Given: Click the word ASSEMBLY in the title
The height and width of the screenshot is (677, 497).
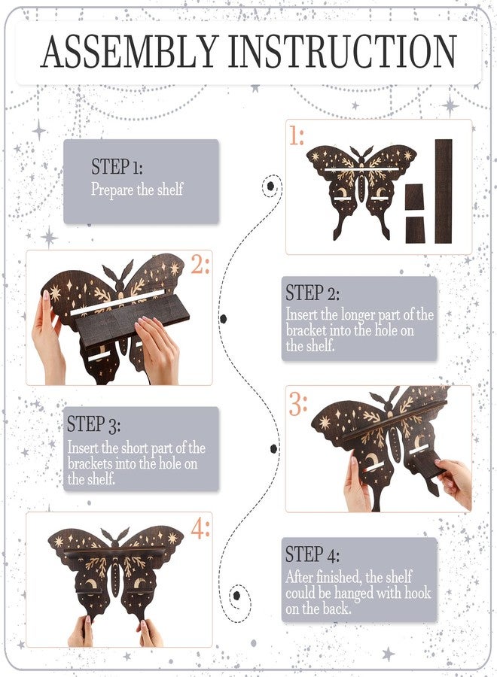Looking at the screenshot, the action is click(x=129, y=51).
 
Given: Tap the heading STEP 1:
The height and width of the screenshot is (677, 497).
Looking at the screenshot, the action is click(x=117, y=167).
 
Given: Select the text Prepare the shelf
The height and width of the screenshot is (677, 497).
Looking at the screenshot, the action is click(x=137, y=190).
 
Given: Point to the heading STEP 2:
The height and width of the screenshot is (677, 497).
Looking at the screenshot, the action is click(x=313, y=293).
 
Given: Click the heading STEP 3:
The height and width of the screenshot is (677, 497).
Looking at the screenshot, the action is click(x=94, y=424).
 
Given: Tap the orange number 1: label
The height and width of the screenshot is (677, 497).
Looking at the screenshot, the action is click(x=297, y=136).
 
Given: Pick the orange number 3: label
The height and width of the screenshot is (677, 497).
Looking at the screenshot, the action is click(x=298, y=405).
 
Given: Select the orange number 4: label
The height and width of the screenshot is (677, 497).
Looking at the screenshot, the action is click(x=200, y=529).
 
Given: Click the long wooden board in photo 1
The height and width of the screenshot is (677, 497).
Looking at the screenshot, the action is click(x=444, y=191).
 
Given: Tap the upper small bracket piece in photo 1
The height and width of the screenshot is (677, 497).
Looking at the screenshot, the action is click(x=415, y=198).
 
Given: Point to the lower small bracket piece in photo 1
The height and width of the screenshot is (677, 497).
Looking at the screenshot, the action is click(x=415, y=230).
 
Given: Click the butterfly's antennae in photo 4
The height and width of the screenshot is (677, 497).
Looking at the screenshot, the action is click(x=115, y=535).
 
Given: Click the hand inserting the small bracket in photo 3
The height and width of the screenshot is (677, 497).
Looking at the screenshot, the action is click(x=454, y=484).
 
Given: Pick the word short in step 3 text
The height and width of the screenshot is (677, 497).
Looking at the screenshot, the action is click(x=135, y=448).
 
